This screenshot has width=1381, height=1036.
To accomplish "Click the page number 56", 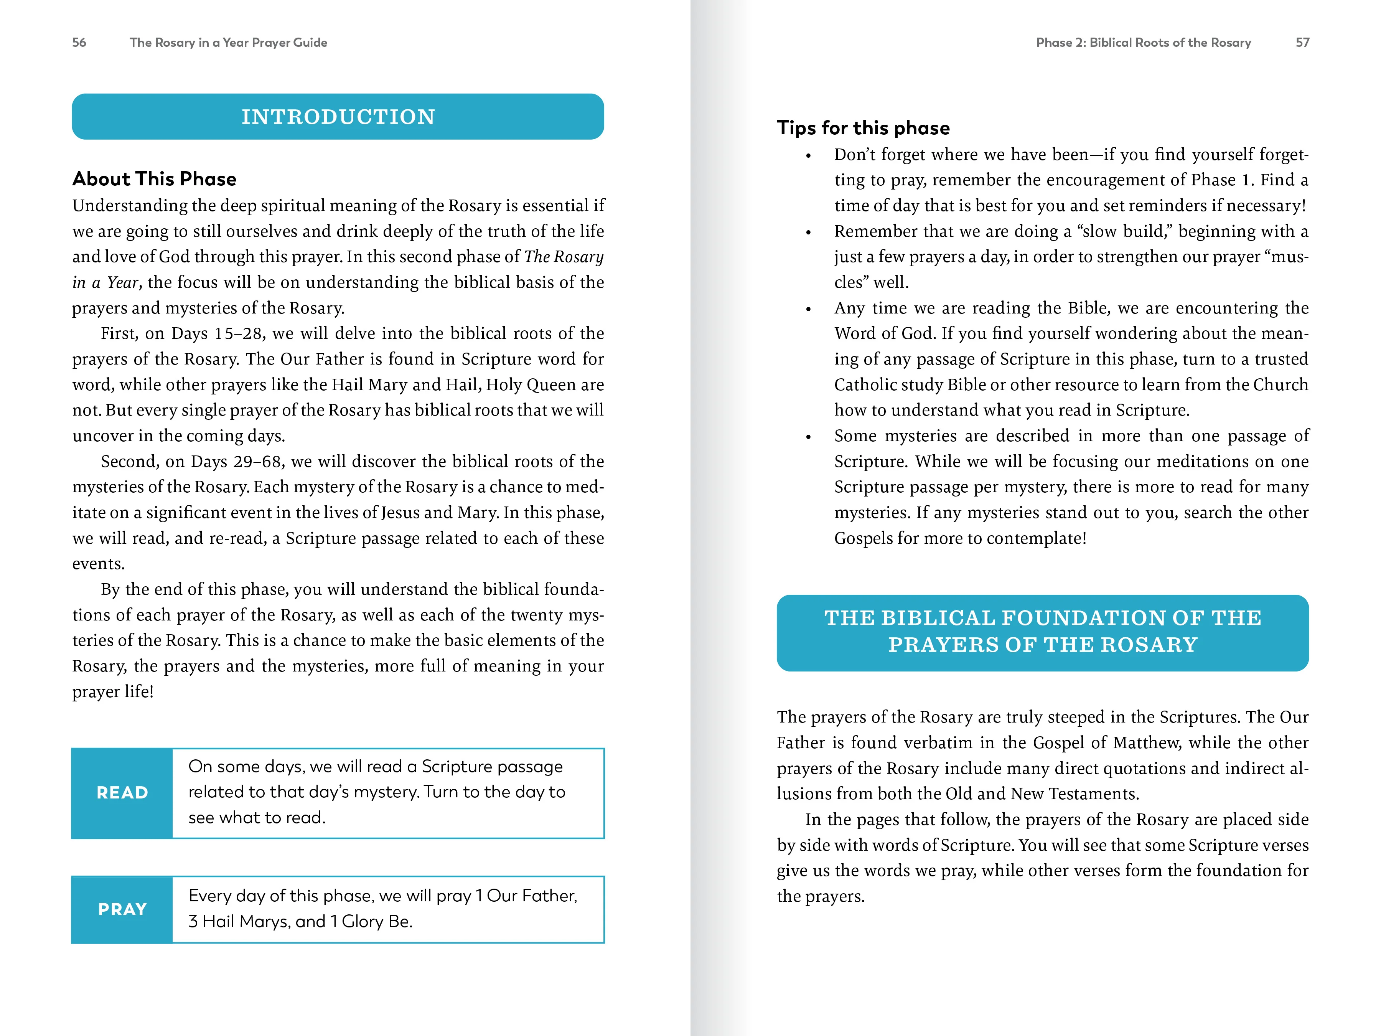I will pos(79,43).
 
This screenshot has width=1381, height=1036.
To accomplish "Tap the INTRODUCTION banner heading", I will pos(338,117).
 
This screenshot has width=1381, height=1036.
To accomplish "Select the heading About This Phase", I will pos(154,179).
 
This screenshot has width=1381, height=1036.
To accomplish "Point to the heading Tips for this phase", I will pos(863,128).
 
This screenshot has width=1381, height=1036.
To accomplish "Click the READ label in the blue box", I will pos(122,792).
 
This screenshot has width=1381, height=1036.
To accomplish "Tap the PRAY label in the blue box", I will pos(122,909).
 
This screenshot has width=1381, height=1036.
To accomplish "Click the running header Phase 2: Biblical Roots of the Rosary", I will pos(1143,43).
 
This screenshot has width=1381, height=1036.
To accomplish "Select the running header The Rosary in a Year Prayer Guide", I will pos(229,43).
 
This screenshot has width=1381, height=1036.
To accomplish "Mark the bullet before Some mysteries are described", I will pos(809,437).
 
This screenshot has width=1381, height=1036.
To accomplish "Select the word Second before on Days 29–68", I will pos(128,462).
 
